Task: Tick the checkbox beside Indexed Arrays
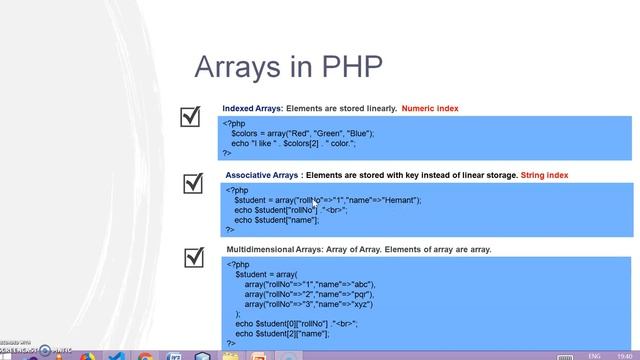pos(191,118)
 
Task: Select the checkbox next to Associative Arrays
pos(194,183)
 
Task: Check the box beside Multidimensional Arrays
pos(195,258)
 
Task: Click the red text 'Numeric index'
pos(430,108)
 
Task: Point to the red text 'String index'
pos(544,175)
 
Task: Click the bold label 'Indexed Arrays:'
pos(253,108)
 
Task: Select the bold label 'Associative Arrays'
pos(261,175)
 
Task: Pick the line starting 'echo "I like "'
pos(308,143)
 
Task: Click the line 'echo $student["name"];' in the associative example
pos(284,220)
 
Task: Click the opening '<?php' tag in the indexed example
pos(234,122)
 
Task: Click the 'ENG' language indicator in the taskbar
pos(593,354)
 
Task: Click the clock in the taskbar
pos(624,354)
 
